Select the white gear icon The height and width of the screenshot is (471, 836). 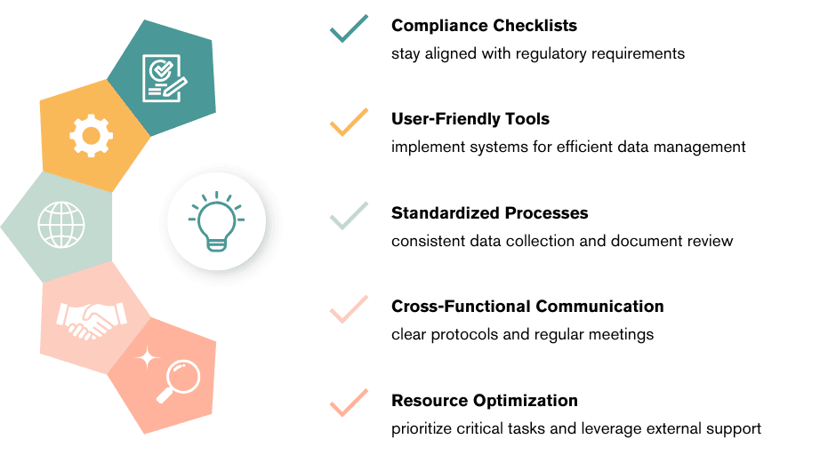tap(91, 137)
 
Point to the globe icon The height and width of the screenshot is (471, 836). tap(60, 225)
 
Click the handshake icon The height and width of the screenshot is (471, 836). tap(92, 319)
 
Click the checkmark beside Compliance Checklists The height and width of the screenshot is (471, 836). tap(349, 28)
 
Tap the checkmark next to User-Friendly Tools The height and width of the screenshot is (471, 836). tap(349, 121)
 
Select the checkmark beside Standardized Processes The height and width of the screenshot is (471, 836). tap(349, 215)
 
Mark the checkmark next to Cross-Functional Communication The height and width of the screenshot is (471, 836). tap(349, 308)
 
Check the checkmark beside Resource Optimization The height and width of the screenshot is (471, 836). tap(349, 402)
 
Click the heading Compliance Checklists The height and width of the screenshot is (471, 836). tap(484, 25)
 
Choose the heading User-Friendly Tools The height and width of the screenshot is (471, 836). tap(470, 119)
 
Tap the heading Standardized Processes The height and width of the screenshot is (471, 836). tap(490, 213)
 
